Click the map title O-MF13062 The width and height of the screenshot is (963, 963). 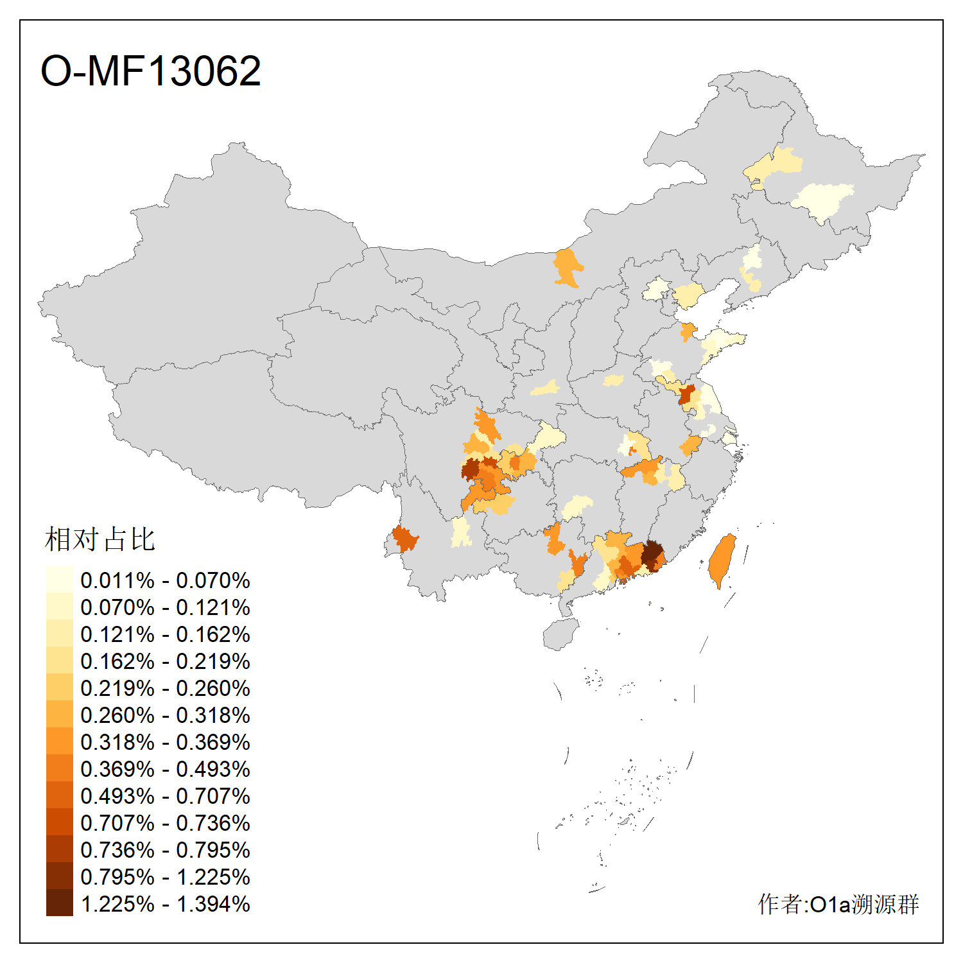point(150,71)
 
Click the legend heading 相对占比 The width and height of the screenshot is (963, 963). point(100,539)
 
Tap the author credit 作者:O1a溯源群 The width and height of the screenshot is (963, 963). point(838,904)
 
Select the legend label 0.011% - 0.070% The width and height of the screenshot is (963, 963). point(165,580)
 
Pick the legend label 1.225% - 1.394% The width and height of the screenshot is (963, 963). point(165,904)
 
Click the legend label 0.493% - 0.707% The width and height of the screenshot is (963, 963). point(165,796)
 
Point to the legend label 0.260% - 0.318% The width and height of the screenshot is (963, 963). point(165,715)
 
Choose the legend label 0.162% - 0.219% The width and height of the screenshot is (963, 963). point(165,661)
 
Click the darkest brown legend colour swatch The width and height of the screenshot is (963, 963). point(59,903)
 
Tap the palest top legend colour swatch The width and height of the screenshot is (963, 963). point(59,579)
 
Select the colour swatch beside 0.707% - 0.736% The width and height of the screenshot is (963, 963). point(59,822)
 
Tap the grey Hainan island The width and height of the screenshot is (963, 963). point(560,634)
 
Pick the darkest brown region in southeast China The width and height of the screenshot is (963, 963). point(652,555)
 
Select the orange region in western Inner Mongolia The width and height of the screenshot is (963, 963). point(567,266)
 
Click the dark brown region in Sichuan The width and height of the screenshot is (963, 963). point(471,470)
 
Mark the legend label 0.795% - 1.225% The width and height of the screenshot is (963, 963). point(165,877)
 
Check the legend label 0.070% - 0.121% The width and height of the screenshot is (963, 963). point(165,607)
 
